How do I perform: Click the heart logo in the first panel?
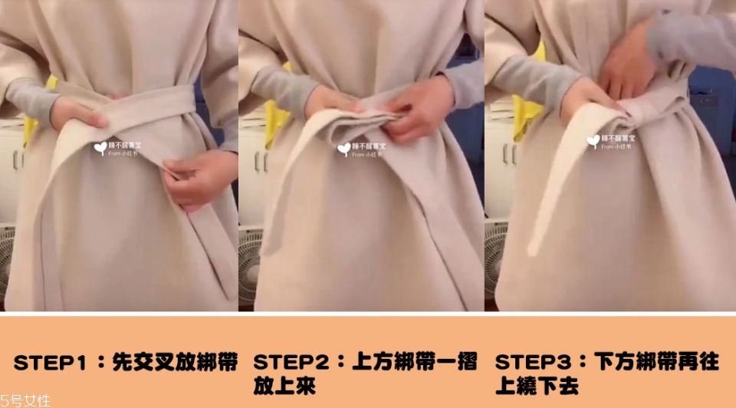[100, 147]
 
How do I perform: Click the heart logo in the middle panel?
[343, 148]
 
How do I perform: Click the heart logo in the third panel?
[593, 141]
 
